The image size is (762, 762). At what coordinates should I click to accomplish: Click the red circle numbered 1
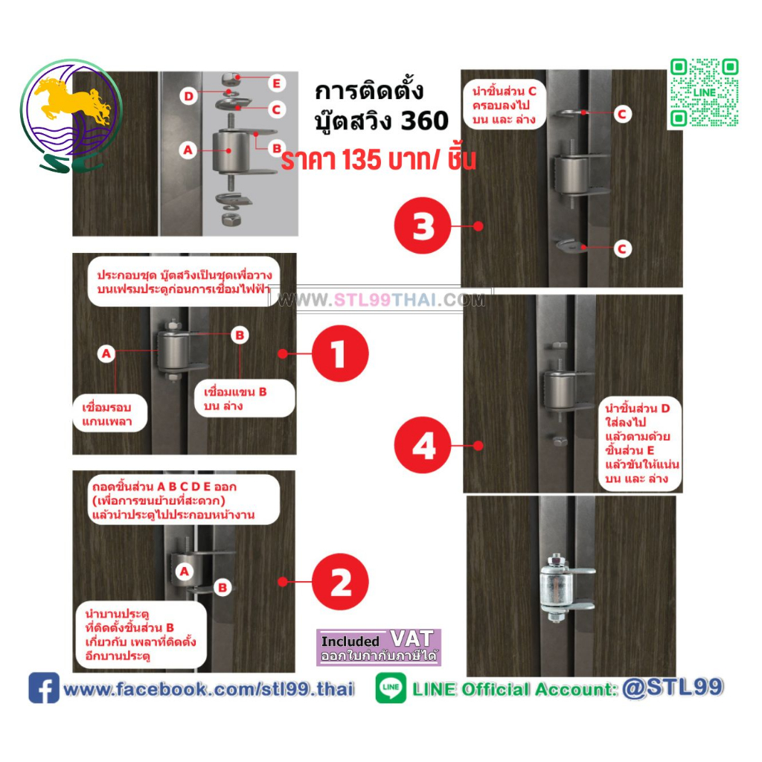tap(340, 353)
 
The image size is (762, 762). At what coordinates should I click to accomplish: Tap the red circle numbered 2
tap(340, 581)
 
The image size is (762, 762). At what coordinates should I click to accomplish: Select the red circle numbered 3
tap(423, 225)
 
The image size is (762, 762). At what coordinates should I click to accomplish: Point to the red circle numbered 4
tap(423, 445)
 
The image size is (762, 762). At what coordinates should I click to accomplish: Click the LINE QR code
tap(704, 93)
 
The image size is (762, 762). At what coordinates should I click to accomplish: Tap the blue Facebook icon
tap(44, 688)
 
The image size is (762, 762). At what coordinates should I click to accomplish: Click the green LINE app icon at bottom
tap(391, 688)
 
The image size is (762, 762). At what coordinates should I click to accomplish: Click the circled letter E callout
tap(276, 83)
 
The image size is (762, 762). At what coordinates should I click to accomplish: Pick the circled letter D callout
tap(188, 96)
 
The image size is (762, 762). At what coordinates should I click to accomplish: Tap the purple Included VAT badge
tap(379, 647)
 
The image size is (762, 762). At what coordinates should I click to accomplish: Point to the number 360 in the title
tap(424, 121)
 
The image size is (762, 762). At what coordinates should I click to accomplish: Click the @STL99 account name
tap(672, 687)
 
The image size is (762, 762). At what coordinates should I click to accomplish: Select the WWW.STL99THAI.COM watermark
tap(381, 299)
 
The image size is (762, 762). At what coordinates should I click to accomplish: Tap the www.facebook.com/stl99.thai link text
tap(208, 688)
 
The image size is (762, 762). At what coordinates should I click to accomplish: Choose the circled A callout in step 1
tap(106, 353)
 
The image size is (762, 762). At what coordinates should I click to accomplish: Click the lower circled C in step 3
tap(621, 249)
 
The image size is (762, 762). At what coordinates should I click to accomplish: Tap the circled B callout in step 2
tap(222, 588)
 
